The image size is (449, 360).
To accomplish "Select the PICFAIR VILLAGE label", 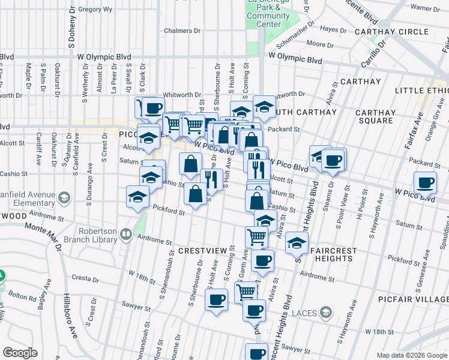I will pyautogui.click(x=414, y=298).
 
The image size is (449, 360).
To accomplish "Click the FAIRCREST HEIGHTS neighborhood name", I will pyautogui.click(x=328, y=254).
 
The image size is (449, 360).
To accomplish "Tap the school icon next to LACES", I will pyautogui.click(x=325, y=312).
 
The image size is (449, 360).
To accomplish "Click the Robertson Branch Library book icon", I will pyautogui.click(x=126, y=234).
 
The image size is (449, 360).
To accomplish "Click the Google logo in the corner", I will pyautogui.click(x=20, y=353).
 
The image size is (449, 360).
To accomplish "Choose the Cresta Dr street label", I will pyautogui.click(x=84, y=278).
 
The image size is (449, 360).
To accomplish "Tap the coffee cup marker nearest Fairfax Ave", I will pyautogui.click(x=426, y=182).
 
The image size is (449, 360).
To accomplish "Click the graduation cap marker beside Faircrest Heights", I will pyautogui.click(x=296, y=242).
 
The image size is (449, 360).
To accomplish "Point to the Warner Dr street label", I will pyautogui.click(x=424, y=8).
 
